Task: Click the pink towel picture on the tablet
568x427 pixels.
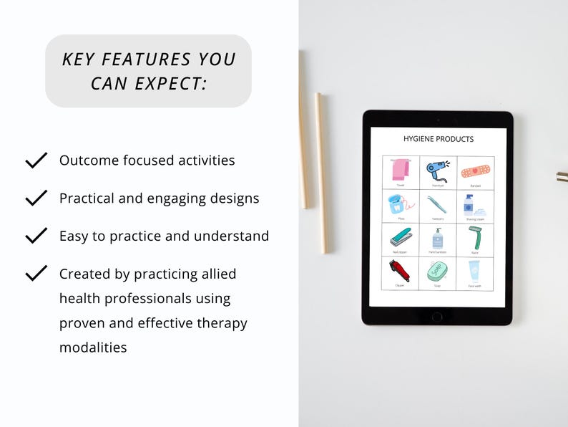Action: (x=401, y=170)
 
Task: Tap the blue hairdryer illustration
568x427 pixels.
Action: (x=438, y=170)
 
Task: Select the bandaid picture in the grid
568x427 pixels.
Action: (x=475, y=172)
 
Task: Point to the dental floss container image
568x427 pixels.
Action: (x=400, y=205)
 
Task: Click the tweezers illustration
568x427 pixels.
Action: (x=438, y=204)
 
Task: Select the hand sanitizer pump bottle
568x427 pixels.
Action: (x=438, y=238)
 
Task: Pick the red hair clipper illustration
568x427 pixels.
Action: (x=401, y=272)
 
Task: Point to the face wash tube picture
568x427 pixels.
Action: (x=474, y=272)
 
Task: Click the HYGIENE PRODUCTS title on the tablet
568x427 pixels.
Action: (x=439, y=139)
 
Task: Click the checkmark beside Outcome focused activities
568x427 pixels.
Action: (x=36, y=160)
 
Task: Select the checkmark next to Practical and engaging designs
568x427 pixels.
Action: (x=36, y=198)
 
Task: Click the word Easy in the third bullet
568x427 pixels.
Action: (x=74, y=236)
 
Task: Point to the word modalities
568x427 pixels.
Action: (x=93, y=347)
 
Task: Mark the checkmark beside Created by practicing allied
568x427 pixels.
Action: (x=36, y=273)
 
